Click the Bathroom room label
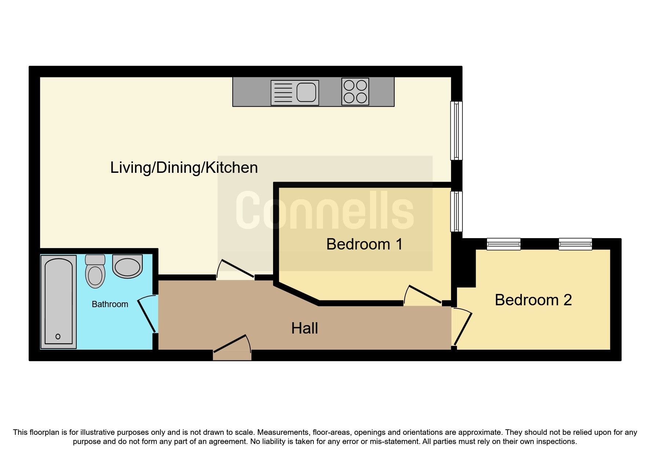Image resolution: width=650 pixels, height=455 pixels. (110, 304)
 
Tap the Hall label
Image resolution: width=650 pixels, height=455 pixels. (304, 328)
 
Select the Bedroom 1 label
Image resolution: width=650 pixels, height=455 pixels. (364, 244)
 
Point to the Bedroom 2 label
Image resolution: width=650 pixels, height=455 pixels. (533, 300)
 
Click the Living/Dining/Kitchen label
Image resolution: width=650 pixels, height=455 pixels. (184, 168)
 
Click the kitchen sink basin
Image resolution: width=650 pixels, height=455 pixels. (306, 92)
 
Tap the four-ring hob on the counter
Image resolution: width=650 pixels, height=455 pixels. (355, 92)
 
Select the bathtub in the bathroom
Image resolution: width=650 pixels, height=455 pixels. (59, 302)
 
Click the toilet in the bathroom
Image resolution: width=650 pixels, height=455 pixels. (95, 272)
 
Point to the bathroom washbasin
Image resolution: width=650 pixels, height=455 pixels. (127, 267)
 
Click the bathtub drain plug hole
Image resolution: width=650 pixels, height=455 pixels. (58, 336)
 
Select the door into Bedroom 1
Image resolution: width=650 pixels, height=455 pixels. (422, 295)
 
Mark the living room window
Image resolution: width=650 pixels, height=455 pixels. (457, 131)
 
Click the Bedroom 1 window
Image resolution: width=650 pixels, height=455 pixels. (457, 211)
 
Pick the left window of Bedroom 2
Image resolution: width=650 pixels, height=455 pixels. (504, 244)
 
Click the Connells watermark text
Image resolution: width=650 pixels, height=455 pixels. (325, 211)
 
